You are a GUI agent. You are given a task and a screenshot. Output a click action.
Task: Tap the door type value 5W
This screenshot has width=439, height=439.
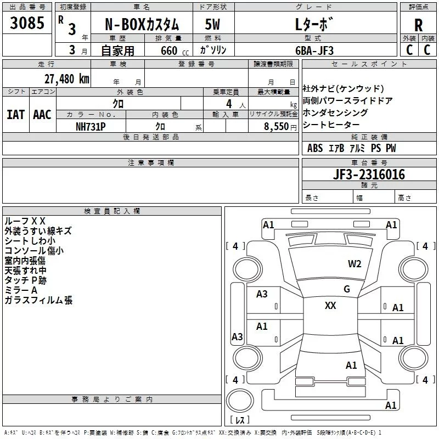click(212, 24)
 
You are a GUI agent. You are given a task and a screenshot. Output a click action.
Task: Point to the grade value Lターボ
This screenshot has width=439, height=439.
click(314, 25)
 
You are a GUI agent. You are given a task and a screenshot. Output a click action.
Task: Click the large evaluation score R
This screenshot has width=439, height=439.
click(419, 25)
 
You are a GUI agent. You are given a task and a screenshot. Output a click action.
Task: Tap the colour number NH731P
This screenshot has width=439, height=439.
click(91, 126)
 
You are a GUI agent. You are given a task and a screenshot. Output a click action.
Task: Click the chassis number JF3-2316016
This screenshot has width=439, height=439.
click(353, 175)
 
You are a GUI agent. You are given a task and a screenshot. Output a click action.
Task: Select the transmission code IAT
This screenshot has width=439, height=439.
click(16, 114)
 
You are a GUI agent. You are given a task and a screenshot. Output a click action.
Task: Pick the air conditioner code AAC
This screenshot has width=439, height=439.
click(42, 114)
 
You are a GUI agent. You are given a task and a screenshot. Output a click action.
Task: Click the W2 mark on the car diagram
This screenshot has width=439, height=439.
click(354, 264)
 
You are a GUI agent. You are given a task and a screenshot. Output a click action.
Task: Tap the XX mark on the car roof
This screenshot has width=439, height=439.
click(330, 306)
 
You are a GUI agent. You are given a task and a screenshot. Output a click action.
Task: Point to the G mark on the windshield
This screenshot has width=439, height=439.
click(346, 289)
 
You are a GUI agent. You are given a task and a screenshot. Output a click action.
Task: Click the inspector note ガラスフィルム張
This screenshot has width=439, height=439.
click(38, 300)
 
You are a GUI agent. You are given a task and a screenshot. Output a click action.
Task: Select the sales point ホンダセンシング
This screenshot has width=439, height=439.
click(335, 112)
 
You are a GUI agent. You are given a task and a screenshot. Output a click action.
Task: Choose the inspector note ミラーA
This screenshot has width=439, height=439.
click(21, 290)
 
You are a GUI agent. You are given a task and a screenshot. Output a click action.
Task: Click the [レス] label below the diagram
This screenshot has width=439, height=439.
click(239, 420)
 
